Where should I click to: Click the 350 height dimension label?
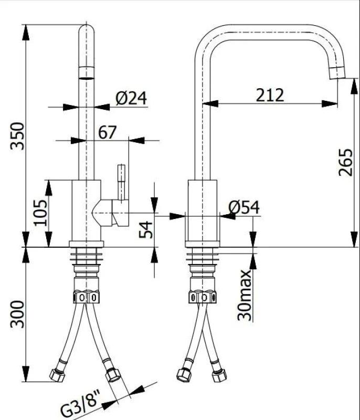click(x=17, y=135)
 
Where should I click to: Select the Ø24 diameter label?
click(x=131, y=97)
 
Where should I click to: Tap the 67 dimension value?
click(x=107, y=132)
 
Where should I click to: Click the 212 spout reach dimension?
click(x=270, y=95)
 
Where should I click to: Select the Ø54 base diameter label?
click(x=244, y=207)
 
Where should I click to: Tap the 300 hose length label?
click(x=17, y=314)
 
